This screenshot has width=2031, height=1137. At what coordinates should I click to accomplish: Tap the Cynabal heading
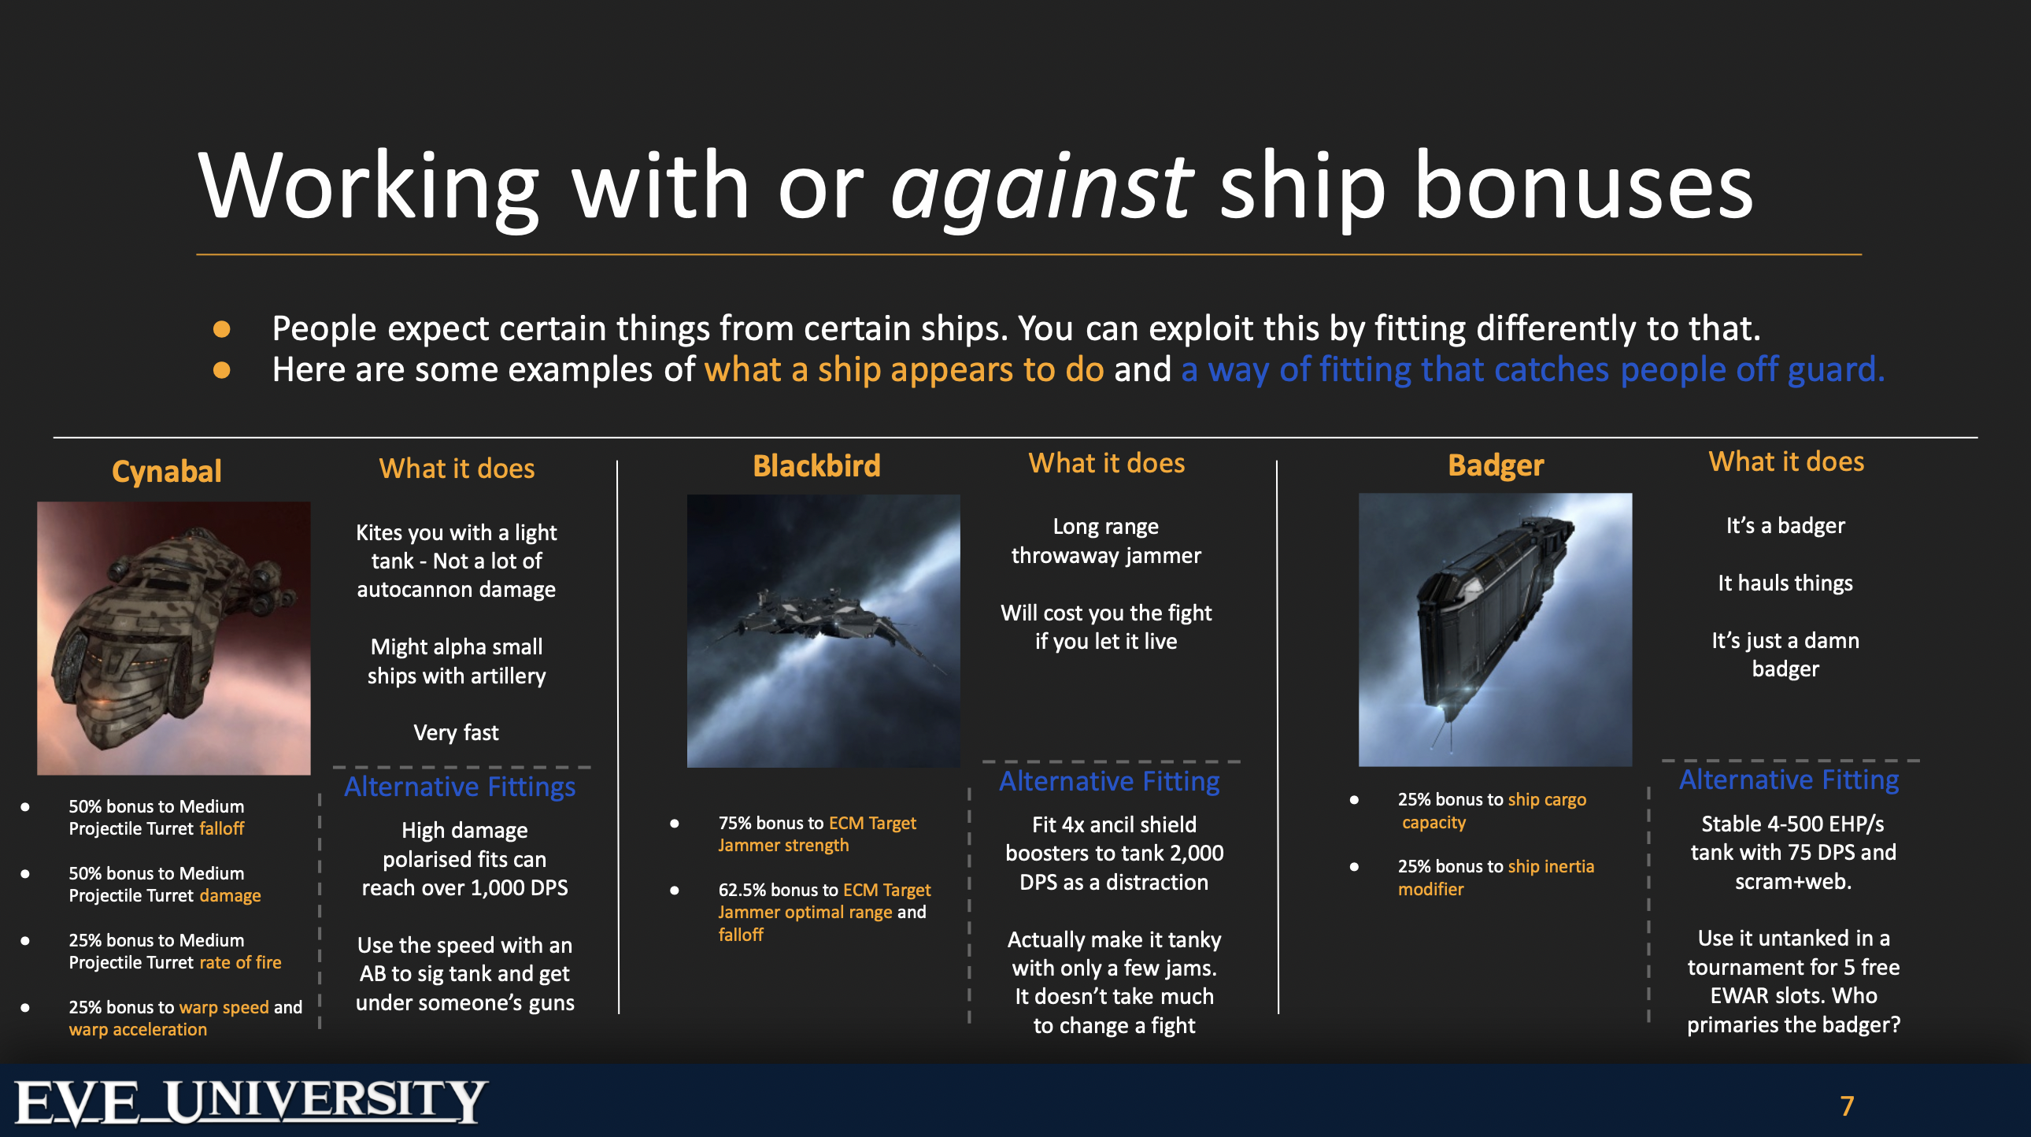pyautogui.click(x=166, y=472)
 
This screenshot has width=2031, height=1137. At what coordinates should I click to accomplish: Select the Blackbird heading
pyautogui.click(x=817, y=466)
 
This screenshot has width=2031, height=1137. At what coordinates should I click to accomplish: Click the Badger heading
pyautogui.click(x=1496, y=465)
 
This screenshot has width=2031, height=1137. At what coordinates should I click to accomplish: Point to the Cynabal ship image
pyautogui.click(x=173, y=638)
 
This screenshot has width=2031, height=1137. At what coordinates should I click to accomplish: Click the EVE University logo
pyautogui.click(x=251, y=1102)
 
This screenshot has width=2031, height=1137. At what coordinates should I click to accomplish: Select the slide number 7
pyautogui.click(x=1848, y=1106)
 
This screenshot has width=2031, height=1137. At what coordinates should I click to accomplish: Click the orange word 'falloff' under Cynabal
pyautogui.click(x=221, y=828)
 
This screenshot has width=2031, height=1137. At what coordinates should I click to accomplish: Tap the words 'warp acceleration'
pyautogui.click(x=138, y=1029)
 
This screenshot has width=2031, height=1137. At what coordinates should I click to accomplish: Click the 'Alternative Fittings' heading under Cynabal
pyautogui.click(x=460, y=787)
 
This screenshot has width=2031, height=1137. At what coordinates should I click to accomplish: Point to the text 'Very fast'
pyautogui.click(x=456, y=732)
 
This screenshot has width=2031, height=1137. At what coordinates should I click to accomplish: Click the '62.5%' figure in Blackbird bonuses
pyautogui.click(x=742, y=890)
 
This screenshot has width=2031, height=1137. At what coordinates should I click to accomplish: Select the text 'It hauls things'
pyautogui.click(x=1785, y=583)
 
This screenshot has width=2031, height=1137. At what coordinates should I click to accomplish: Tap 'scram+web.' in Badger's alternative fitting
pyautogui.click(x=1793, y=882)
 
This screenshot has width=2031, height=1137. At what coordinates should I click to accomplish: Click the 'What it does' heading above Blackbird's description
pyautogui.click(x=1106, y=463)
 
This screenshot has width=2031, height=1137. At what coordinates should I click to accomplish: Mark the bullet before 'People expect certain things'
pyautogui.click(x=221, y=329)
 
